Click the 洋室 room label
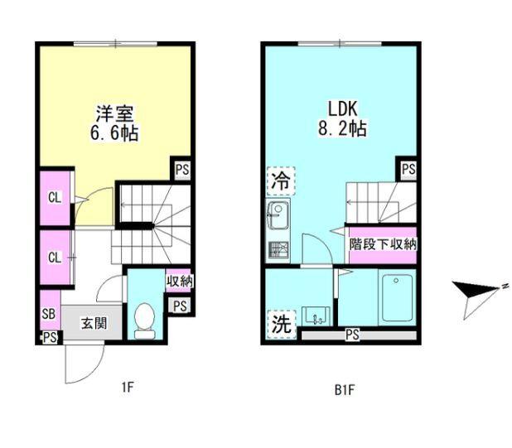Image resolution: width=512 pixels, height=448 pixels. [x=115, y=113]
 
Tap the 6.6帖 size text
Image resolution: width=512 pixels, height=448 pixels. [x=115, y=132]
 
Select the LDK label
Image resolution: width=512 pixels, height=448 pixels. [x=341, y=109]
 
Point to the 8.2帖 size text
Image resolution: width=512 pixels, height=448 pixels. [x=342, y=129]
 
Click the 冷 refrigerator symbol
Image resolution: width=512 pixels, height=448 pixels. [x=280, y=180]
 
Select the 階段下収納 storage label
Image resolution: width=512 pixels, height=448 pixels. [x=382, y=244]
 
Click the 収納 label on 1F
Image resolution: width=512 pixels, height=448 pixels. [x=180, y=282]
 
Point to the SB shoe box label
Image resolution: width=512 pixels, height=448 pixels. [x=49, y=315]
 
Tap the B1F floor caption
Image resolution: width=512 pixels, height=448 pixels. [x=341, y=387]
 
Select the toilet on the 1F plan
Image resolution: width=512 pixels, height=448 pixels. [x=145, y=319]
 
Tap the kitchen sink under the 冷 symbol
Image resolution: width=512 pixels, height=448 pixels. [x=277, y=217]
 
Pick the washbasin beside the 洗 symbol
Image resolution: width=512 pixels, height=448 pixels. [x=316, y=316]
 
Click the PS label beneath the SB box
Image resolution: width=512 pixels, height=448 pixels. [x=50, y=336]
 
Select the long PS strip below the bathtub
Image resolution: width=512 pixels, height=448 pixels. [x=352, y=335]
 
